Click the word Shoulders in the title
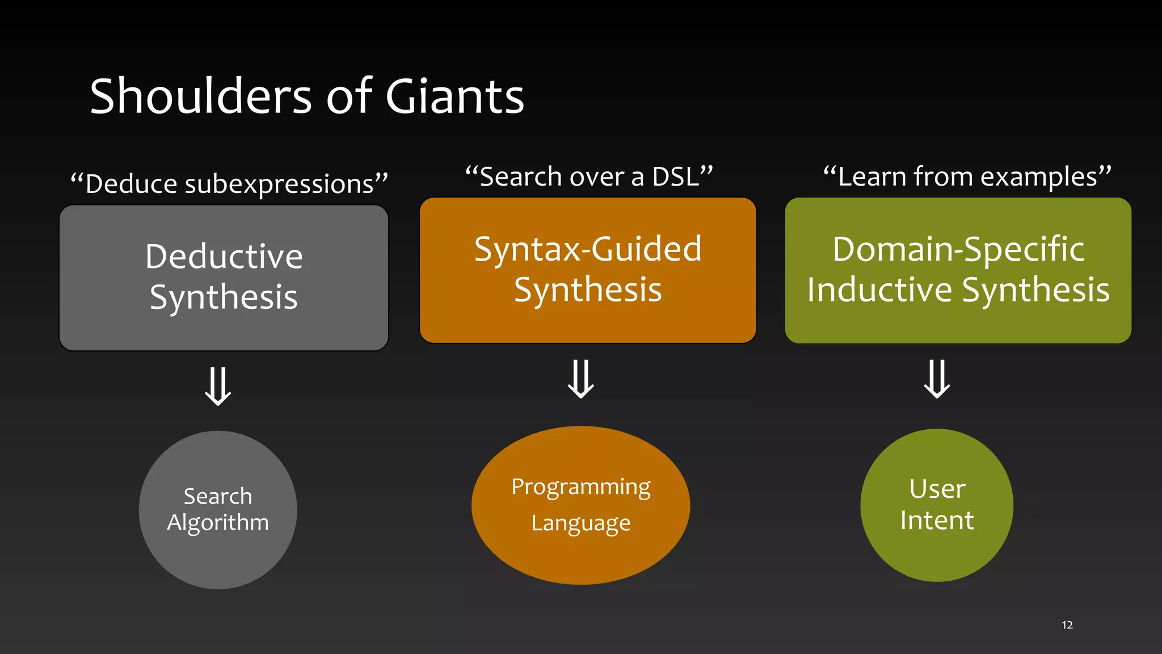[201, 97]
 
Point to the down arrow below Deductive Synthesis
[218, 386]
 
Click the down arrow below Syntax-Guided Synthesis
[581, 379]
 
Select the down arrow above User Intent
[937, 379]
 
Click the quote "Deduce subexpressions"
[229, 184]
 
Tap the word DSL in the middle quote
[675, 177]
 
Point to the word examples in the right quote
[1038, 177]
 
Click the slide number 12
[1067, 625]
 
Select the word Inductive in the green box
[879, 290]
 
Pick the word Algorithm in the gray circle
[218, 523]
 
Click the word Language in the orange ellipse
[580, 523]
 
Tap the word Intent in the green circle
[937, 521]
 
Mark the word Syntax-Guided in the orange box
[588, 249]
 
